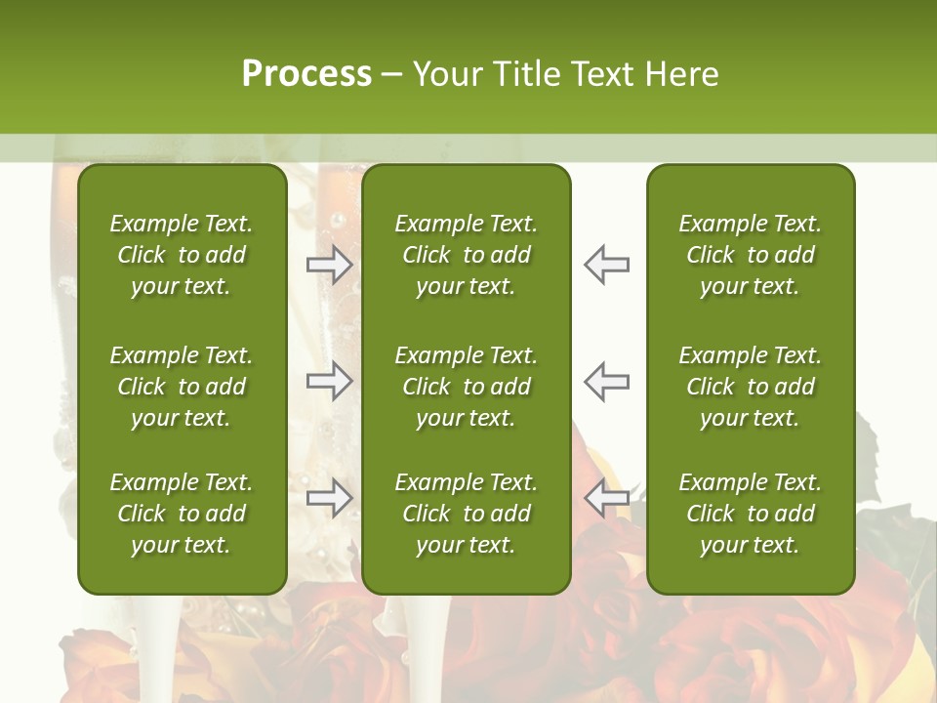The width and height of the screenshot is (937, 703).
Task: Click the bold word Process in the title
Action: [x=306, y=74]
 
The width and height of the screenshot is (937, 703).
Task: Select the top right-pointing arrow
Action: [x=330, y=265]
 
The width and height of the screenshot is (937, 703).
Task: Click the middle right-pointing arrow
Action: [x=330, y=381]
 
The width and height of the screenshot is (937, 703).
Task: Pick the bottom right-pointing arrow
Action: [x=330, y=498]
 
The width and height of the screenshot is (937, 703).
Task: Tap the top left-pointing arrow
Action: [x=606, y=265]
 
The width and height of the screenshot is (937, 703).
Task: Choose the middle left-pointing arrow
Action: [x=606, y=381]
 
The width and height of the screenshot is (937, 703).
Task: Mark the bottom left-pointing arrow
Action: [x=606, y=498]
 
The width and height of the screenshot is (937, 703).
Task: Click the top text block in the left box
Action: [x=182, y=255]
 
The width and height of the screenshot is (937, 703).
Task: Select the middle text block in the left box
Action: [x=182, y=387]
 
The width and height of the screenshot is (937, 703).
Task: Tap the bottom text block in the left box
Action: [x=182, y=514]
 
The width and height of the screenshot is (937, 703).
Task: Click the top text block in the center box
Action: [x=466, y=255]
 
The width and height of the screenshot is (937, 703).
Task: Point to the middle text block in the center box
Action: [x=466, y=387]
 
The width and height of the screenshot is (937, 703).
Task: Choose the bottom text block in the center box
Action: [x=466, y=514]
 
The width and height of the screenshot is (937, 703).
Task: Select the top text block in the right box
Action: [x=750, y=255]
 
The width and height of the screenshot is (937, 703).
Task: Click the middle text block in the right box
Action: [x=750, y=387]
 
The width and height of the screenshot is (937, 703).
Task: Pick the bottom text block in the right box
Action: [x=750, y=514]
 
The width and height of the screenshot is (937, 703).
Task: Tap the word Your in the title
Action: [x=445, y=74]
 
